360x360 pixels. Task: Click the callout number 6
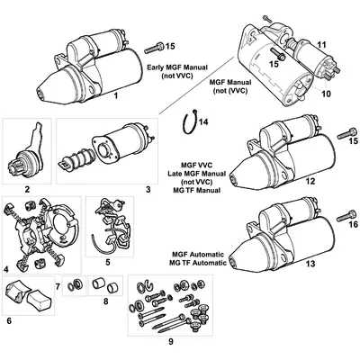tap(11, 319)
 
